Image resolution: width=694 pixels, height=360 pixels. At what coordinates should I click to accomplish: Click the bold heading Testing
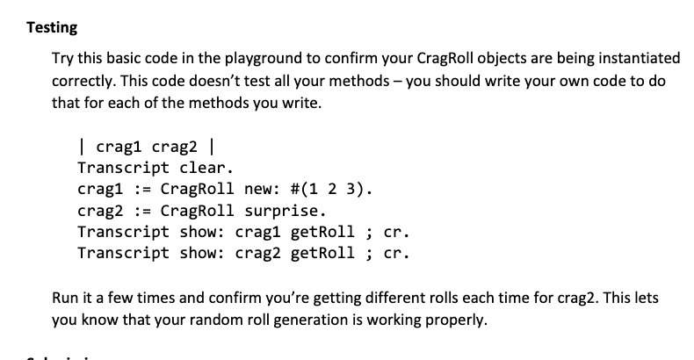tap(52, 27)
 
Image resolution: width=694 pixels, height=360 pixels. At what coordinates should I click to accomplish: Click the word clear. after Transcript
tap(207, 167)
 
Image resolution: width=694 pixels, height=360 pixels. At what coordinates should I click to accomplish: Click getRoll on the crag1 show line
tap(325, 233)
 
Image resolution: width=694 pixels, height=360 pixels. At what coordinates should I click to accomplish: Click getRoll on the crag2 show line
tap(325, 255)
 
